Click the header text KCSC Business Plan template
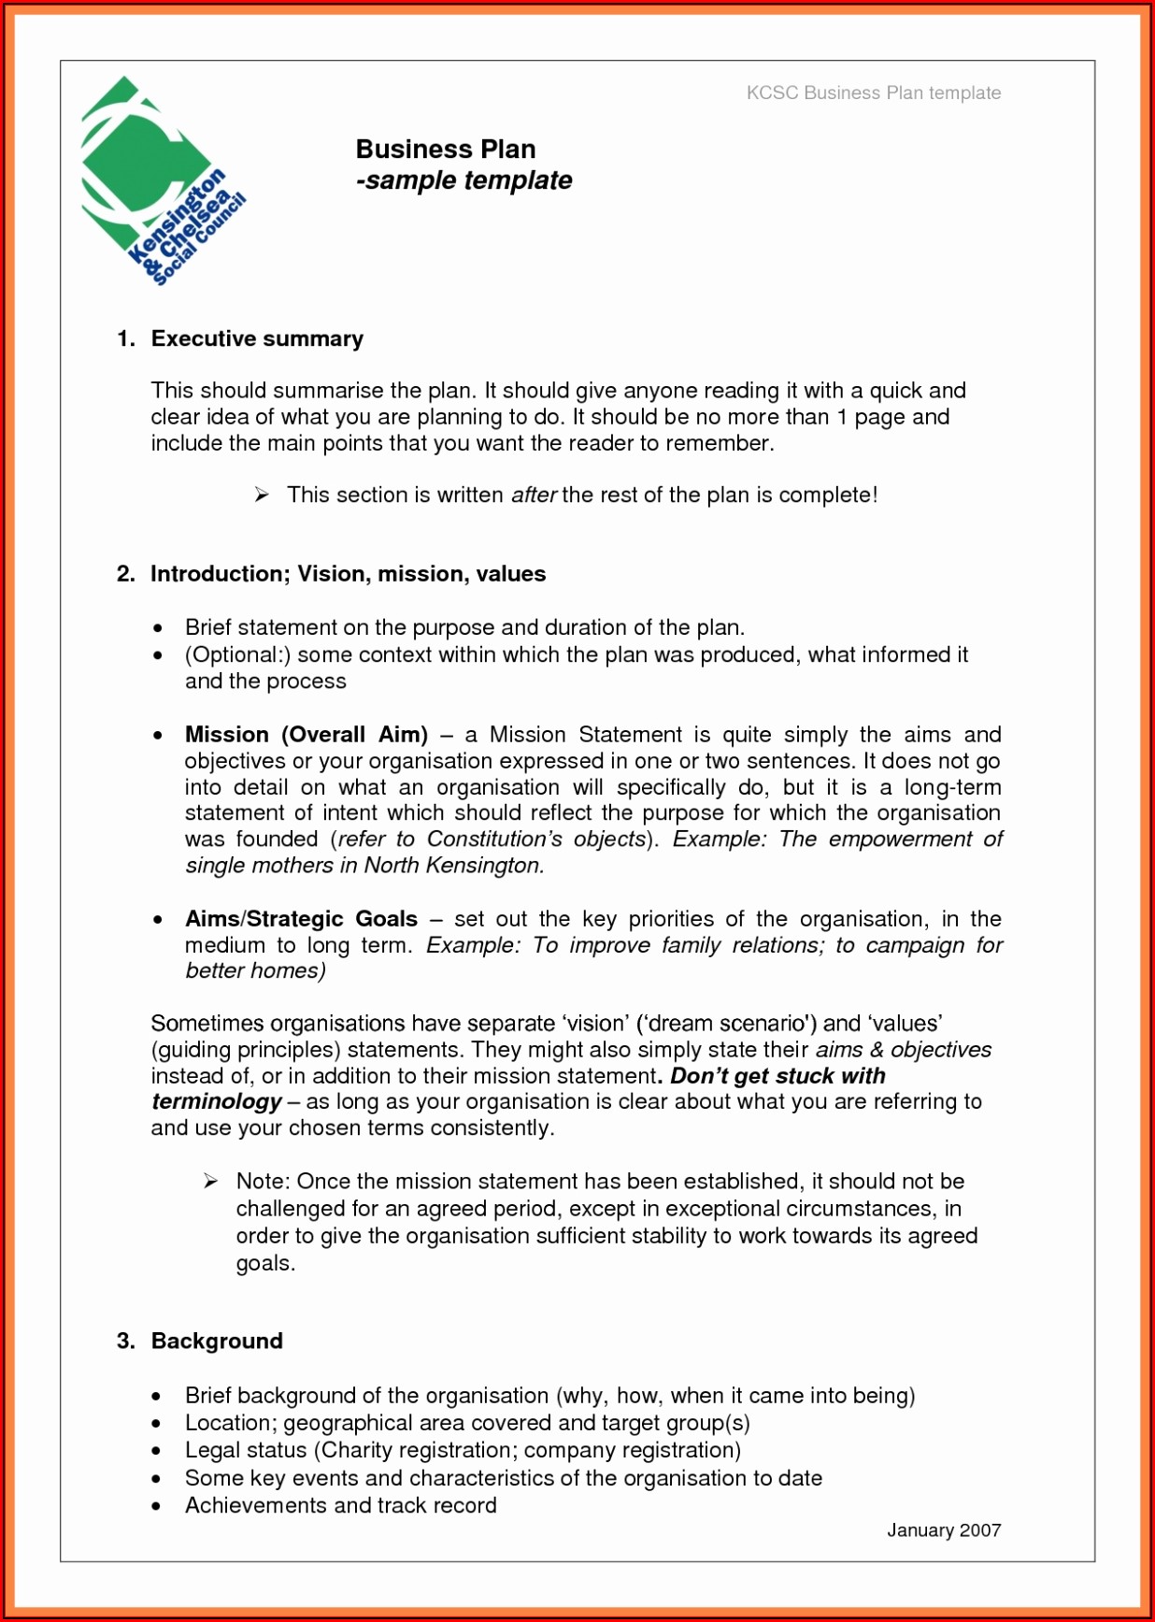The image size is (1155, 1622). pyautogui.click(x=873, y=93)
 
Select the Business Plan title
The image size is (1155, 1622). pyautogui.click(x=445, y=150)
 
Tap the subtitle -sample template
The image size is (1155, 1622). pyautogui.click(x=463, y=180)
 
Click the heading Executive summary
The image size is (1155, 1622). pyautogui.click(x=257, y=338)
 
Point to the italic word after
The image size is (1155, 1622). pyautogui.click(x=534, y=495)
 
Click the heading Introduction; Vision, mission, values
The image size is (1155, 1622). pyautogui.click(x=348, y=573)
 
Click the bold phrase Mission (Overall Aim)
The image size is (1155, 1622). pyautogui.click(x=306, y=735)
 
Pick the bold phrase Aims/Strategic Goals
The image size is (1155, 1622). pyautogui.click(x=300, y=919)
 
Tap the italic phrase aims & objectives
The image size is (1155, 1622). pyautogui.click(x=903, y=1050)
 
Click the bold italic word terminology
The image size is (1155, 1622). pyautogui.click(x=216, y=1101)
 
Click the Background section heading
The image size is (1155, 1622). pyautogui.click(x=217, y=1341)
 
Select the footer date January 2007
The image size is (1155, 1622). pyautogui.click(x=943, y=1530)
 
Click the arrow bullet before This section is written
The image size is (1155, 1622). pyautogui.click(x=262, y=495)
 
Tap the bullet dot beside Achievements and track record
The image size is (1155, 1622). pyautogui.click(x=157, y=1506)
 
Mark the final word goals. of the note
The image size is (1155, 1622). pyautogui.click(x=265, y=1263)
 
